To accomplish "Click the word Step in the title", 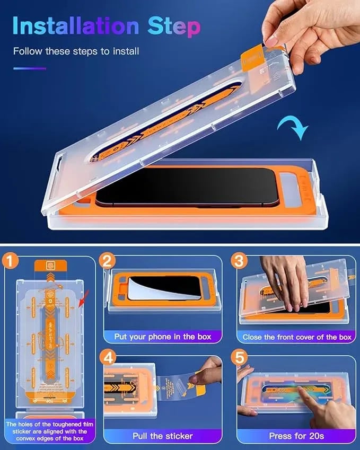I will tap(171, 27).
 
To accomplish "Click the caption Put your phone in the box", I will tap(163, 337).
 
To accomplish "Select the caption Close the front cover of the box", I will tap(297, 337).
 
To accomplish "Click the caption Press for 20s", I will tap(297, 436).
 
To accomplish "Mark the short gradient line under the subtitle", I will tap(29, 68).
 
